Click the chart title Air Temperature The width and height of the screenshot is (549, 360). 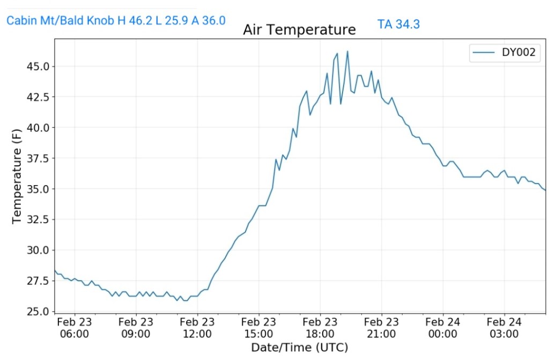pos(299,30)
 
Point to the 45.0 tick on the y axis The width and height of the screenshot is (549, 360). pos(38,67)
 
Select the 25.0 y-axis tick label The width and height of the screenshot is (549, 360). pos(38,312)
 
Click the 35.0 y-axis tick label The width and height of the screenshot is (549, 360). pos(38,189)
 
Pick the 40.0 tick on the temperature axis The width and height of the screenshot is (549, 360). pos(38,128)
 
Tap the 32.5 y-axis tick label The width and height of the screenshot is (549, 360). pos(38,220)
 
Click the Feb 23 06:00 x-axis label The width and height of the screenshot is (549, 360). pos(74,328)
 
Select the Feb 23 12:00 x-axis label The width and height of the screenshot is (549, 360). pos(197,328)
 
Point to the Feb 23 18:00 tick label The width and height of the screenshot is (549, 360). pos(320,328)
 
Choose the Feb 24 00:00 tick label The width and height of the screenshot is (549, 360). pos(442,328)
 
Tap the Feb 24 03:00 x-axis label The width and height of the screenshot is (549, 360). pos(504,328)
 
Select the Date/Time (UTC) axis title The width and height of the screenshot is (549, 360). pos(300,347)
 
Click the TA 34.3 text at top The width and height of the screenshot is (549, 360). pos(398,24)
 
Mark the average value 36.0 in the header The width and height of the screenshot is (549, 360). pos(213,21)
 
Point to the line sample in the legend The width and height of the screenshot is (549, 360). pos(484,53)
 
